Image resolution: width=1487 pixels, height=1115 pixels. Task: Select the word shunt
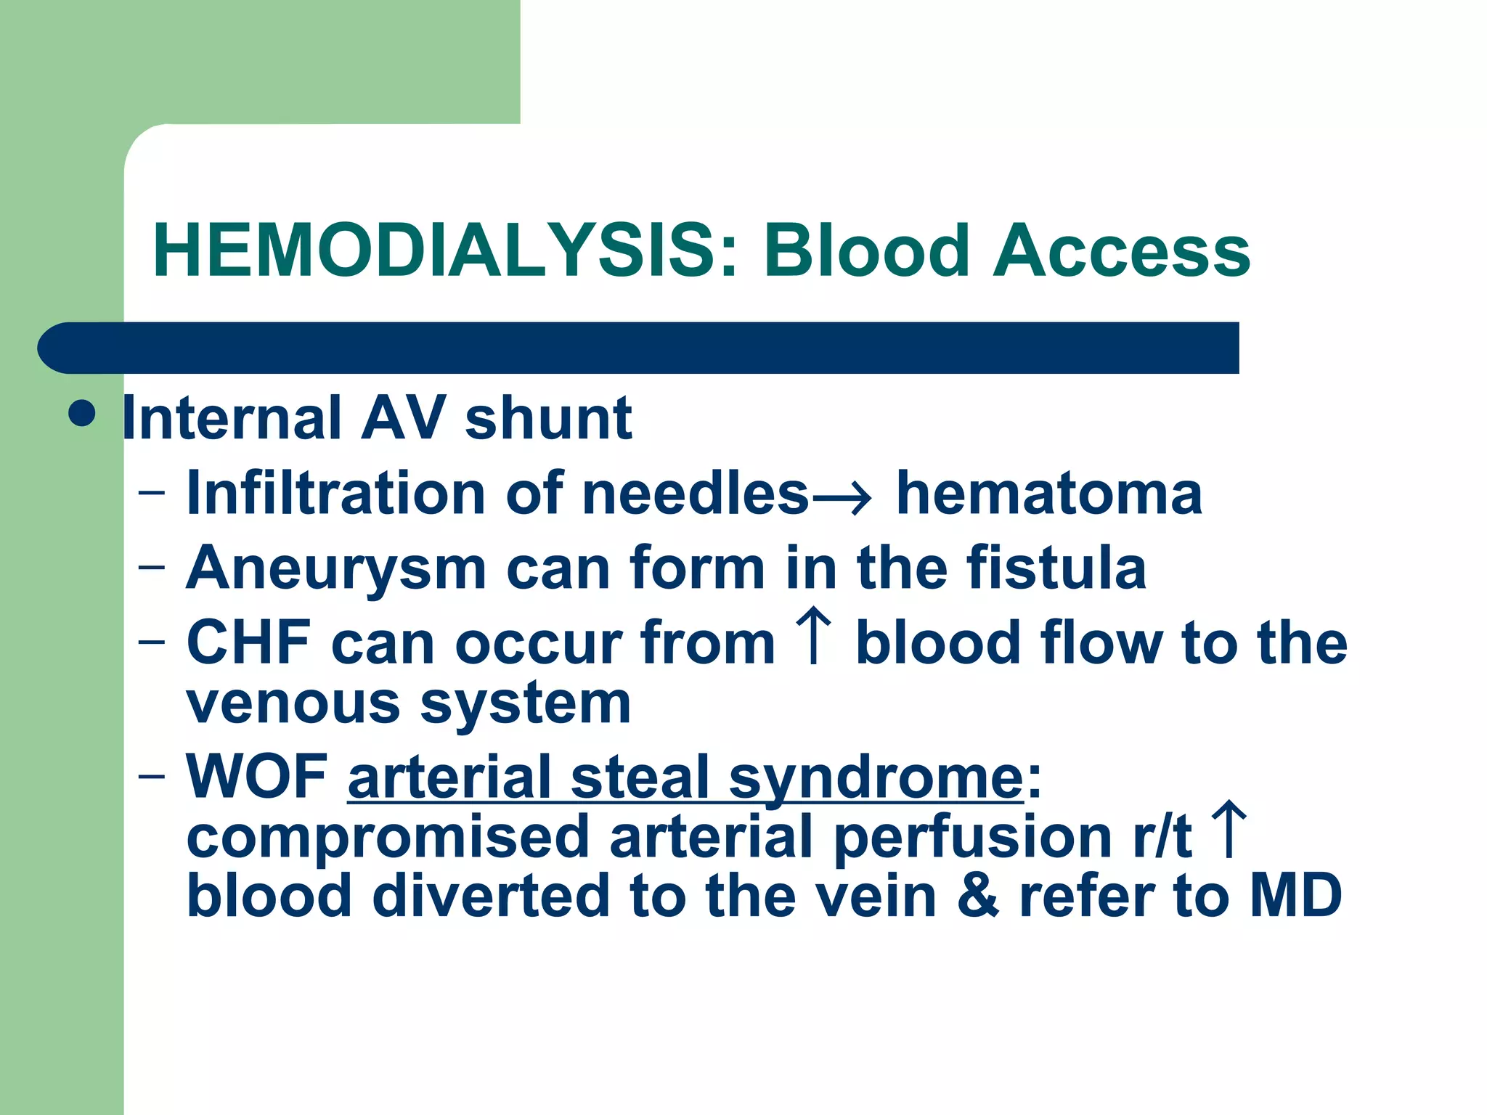[x=548, y=419]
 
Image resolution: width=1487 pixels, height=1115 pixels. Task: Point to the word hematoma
[x=1049, y=494]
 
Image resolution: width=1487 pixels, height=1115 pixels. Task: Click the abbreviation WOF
[x=257, y=777]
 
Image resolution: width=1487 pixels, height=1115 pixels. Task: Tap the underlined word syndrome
[x=876, y=778]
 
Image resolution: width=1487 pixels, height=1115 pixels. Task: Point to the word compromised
[x=388, y=837]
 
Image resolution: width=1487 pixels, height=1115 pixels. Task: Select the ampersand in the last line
[x=978, y=897]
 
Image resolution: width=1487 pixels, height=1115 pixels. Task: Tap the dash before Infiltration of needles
[x=151, y=494]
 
